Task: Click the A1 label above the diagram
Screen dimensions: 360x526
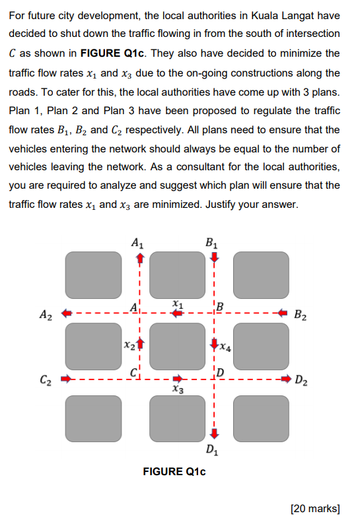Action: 137,243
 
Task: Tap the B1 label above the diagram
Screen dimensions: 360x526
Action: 211,243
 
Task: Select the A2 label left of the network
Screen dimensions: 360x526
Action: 46,315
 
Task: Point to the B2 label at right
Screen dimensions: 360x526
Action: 301,315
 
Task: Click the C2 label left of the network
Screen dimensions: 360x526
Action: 46,379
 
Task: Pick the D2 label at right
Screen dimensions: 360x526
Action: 301,380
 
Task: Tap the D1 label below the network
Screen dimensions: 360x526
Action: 212,449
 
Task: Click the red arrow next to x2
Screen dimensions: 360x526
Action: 141,344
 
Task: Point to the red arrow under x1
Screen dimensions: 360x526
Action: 177,313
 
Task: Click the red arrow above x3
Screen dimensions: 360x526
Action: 178,379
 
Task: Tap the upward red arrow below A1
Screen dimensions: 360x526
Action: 140,258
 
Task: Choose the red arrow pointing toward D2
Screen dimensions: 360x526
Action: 286,379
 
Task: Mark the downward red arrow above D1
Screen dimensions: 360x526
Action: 214,434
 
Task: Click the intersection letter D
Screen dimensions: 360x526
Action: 221,372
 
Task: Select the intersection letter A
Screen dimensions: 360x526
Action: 134,308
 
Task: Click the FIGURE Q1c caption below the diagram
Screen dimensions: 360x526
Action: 174,472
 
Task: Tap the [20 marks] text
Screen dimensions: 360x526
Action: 315,509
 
